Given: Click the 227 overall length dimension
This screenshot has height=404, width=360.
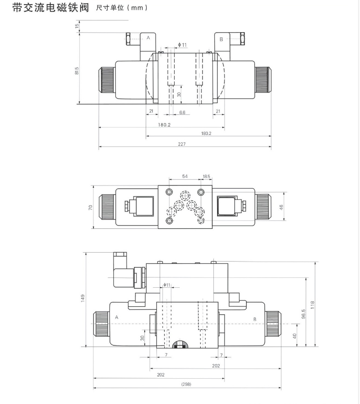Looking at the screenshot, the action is pyautogui.click(x=182, y=144).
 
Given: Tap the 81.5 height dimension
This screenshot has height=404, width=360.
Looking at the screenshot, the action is pyautogui.click(x=77, y=71).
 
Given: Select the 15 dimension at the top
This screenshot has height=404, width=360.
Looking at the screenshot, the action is pyautogui.click(x=77, y=26).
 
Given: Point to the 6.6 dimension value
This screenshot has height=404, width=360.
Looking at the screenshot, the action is pyautogui.click(x=182, y=113).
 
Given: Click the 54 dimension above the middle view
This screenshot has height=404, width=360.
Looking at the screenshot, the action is pyautogui.click(x=185, y=177).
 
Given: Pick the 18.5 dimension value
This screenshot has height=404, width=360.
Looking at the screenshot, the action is pyautogui.click(x=206, y=177).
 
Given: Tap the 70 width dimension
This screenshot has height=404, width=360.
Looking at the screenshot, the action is pyautogui.click(x=91, y=207).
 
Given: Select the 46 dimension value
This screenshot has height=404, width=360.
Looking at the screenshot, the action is pyautogui.click(x=281, y=207).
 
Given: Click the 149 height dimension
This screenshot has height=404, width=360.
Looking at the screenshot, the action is pyautogui.click(x=83, y=298).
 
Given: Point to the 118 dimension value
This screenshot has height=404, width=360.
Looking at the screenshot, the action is pyautogui.click(x=312, y=305).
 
